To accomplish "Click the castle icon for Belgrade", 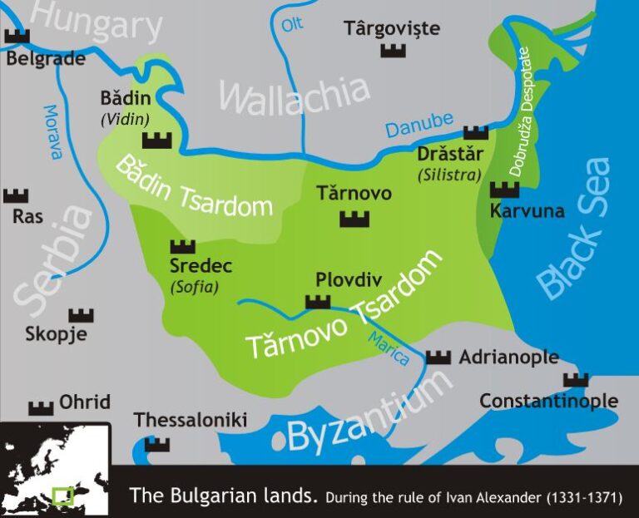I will [x=17, y=37].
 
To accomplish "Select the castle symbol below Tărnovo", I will [x=354, y=219].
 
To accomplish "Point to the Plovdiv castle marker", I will [x=318, y=301].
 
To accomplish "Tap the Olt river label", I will [x=292, y=24].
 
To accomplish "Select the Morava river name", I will [x=52, y=131].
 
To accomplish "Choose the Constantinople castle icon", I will [x=575, y=380].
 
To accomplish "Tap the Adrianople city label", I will [x=508, y=358].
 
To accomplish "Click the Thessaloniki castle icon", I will [x=156, y=444].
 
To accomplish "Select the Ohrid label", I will [x=84, y=402].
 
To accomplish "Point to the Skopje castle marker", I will [x=81, y=315].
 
